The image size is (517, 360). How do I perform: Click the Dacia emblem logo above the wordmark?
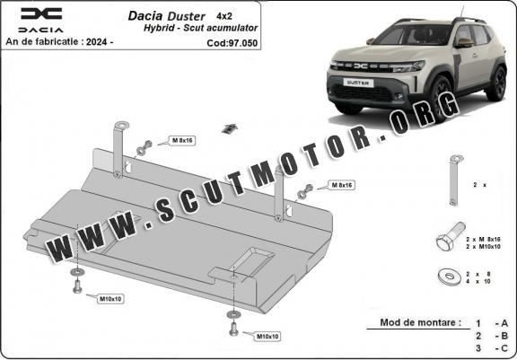(x=41, y=13)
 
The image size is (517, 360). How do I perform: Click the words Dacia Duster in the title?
(x=167, y=16)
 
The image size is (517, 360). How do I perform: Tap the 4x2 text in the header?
(x=224, y=15)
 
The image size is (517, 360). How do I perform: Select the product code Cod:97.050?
(x=232, y=43)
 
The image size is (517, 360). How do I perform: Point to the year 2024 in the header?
(x=96, y=42)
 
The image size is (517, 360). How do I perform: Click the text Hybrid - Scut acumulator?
(x=200, y=28)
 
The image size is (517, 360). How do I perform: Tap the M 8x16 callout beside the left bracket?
(x=182, y=140)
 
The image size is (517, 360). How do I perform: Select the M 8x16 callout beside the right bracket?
(x=342, y=185)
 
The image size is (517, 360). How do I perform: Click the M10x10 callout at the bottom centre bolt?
(x=267, y=337)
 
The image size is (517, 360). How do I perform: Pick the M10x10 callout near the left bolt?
(x=110, y=299)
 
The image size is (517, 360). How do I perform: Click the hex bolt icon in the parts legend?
(x=451, y=236)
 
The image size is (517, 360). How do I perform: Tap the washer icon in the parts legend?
(x=449, y=277)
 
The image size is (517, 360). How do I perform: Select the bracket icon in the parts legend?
(x=454, y=180)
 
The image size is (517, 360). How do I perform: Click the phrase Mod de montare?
(x=420, y=322)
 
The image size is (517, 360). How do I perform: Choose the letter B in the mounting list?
(x=504, y=336)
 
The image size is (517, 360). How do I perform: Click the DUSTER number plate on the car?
(x=358, y=83)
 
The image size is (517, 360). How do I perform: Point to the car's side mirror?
(x=464, y=42)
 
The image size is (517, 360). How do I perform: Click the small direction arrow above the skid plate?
(x=230, y=128)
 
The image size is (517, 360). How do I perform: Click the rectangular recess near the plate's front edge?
(x=253, y=262)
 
